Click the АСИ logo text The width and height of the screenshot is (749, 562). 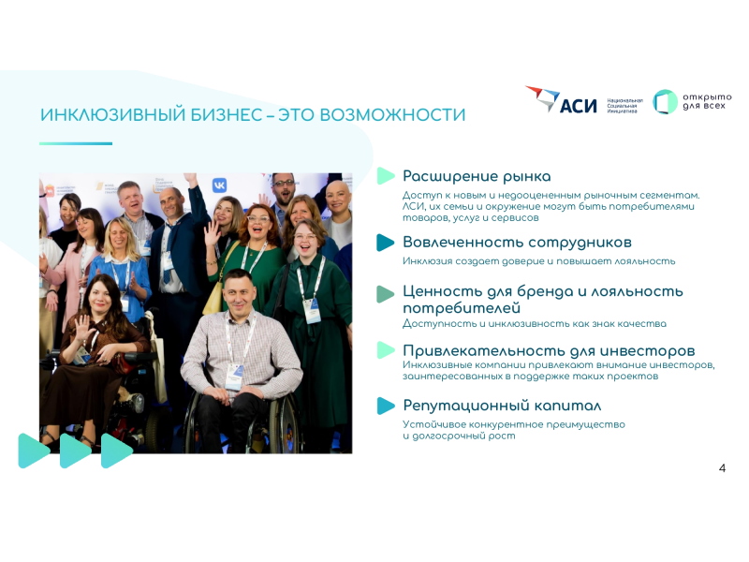[x=578, y=106]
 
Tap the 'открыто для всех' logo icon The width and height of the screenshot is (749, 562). [x=665, y=101]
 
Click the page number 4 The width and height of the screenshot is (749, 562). [x=722, y=467]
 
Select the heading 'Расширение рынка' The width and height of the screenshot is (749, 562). [x=477, y=176]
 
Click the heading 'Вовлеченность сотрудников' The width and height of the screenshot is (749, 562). [x=517, y=243]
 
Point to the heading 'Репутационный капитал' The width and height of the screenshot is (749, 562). [x=502, y=406]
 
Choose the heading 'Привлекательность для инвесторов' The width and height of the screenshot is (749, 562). [x=549, y=350]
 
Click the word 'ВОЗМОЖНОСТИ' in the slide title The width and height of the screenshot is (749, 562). [x=392, y=115]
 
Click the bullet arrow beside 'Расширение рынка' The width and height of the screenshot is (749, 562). [x=385, y=176]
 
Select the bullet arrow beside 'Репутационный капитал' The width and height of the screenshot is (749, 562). [x=385, y=406]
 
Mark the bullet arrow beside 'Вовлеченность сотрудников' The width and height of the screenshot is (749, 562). [x=385, y=243]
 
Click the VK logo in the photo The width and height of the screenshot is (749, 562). [x=219, y=185]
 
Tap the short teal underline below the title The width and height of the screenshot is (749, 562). [x=76, y=143]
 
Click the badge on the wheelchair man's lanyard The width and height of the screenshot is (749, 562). [x=234, y=376]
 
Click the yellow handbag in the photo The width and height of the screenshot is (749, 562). [x=213, y=298]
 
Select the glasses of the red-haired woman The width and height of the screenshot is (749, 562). [x=258, y=219]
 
